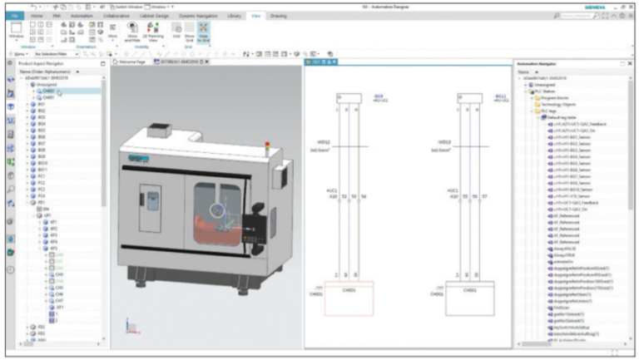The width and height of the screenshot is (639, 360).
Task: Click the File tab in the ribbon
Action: coord(14,15)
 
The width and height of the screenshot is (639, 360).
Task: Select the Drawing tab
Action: coord(279,15)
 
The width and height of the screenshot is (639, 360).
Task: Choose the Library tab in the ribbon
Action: coord(234,15)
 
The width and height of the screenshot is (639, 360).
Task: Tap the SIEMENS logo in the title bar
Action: coord(597,5)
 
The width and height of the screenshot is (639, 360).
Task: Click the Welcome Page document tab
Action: coord(131,62)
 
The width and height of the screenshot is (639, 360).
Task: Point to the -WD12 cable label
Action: coord(324,142)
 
